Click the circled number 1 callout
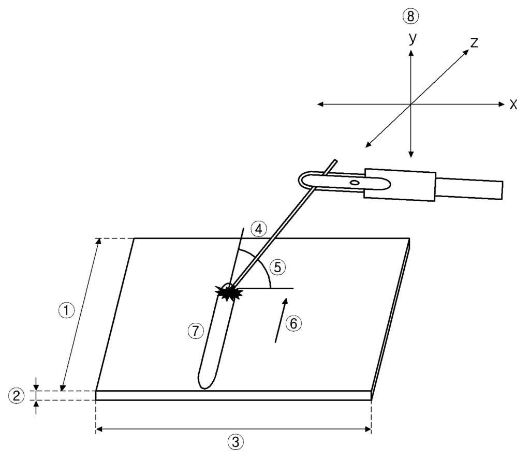click(66, 310)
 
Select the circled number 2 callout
click(16, 395)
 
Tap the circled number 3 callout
click(235, 442)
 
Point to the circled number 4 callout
click(259, 230)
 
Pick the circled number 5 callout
click(277, 267)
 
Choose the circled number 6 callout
click(293, 324)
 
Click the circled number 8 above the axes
click(410, 16)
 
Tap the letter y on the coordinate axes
click(413, 38)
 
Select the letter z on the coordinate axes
click(474, 42)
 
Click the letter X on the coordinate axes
click(513, 105)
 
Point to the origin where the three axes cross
click(410, 104)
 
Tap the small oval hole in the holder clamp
click(355, 183)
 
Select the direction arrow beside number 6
click(281, 320)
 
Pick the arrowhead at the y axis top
click(410, 53)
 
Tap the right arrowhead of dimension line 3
click(368, 429)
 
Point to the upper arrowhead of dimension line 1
click(99, 242)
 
